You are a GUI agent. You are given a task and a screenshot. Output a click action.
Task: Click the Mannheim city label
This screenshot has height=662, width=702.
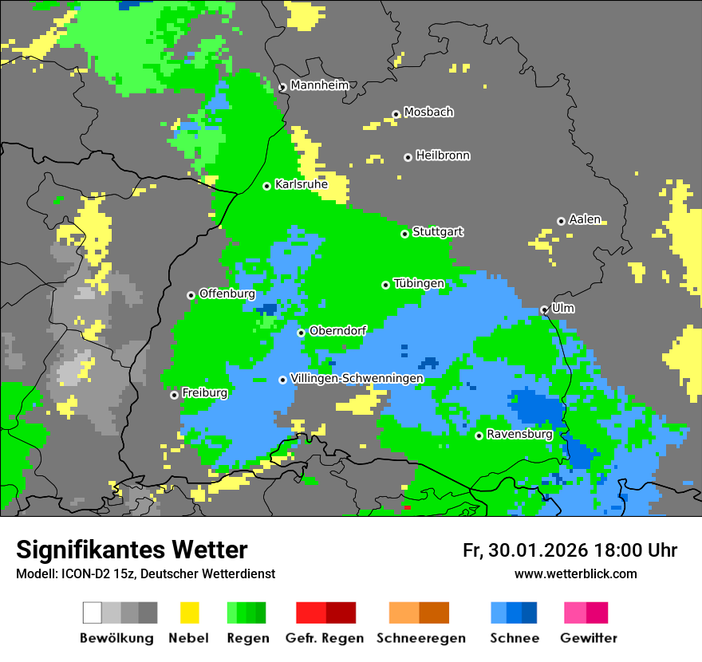pos(319,85)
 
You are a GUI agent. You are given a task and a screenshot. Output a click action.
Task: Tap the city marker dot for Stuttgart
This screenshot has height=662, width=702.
pos(404,234)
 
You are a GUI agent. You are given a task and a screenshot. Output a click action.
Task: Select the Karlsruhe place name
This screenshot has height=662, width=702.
pos(301,184)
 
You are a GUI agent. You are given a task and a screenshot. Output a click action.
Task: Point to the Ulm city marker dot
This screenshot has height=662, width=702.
pos(544,309)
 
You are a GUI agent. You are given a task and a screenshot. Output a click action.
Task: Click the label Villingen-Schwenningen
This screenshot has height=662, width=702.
pos(357,378)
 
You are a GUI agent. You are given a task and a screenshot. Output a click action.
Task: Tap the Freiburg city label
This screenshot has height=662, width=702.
pos(204,393)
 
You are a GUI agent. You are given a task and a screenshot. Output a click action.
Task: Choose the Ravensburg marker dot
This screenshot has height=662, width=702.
pos(479,435)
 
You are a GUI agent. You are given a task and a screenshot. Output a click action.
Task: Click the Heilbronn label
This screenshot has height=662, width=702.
pos(443,156)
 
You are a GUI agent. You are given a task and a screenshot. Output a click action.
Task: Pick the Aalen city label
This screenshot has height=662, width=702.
pos(585,219)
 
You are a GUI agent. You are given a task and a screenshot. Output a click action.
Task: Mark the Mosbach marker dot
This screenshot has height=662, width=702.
pos(396,114)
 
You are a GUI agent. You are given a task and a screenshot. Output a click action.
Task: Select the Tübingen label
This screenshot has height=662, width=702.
pos(419,283)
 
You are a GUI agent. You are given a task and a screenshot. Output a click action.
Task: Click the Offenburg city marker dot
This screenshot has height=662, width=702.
pos(191,295)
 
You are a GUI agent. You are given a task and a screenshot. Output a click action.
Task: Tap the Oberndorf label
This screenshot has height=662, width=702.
pos(337,331)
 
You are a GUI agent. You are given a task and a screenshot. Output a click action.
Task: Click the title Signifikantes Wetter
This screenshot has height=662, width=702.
pos(132,550)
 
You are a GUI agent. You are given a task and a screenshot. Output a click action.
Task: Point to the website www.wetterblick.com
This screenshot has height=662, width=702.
pos(575,573)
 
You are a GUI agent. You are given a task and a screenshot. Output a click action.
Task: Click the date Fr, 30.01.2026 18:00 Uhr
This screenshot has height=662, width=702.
pos(570,550)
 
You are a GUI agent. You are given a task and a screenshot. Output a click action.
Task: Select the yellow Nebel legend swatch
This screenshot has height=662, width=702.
pos(189,613)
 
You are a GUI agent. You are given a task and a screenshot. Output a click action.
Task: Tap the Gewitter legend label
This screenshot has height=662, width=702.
pos(588,638)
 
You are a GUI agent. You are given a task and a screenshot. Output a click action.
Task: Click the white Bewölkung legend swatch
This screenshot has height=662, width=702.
pos(93,613)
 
